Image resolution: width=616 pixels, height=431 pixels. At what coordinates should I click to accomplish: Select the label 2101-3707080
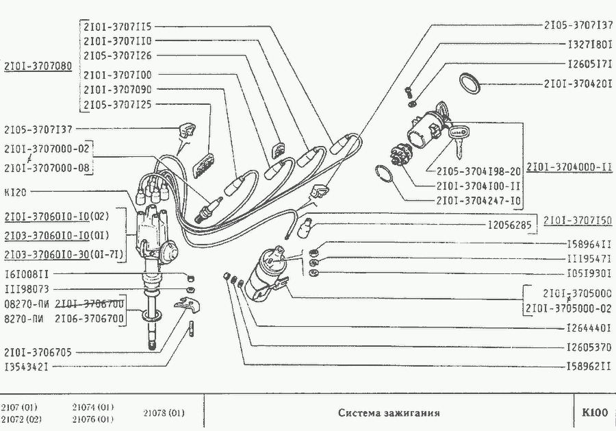38,67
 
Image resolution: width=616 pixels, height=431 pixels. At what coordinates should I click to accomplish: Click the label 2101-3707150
578,220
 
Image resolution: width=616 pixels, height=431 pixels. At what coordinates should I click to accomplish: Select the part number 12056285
510,224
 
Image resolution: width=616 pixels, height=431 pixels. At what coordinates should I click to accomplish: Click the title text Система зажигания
389,413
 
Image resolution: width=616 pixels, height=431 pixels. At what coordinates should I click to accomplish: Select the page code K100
594,412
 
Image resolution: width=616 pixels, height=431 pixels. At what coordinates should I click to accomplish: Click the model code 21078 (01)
164,413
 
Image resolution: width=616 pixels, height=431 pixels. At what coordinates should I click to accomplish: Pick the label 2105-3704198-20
477,171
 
